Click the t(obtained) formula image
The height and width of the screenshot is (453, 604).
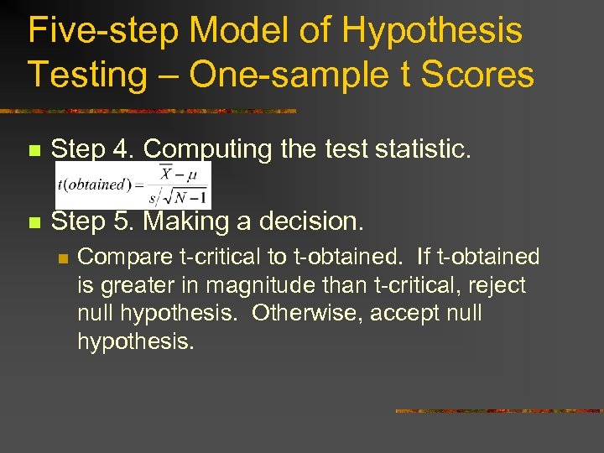tap(133, 184)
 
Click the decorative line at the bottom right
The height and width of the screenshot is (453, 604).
tap(498, 411)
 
